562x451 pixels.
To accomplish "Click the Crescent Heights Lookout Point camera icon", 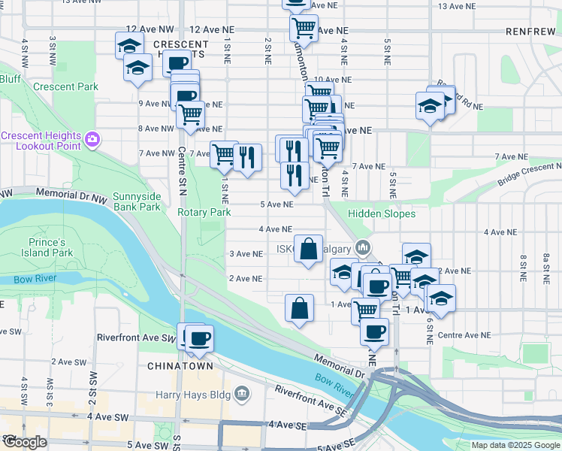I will pos(92,138).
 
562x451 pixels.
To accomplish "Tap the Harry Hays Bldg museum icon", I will pos(242,393).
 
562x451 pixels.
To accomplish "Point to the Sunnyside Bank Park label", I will pos(137,201).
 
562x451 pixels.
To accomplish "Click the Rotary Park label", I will pos(204,213).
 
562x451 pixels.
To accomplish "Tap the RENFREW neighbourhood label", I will pos(530,32).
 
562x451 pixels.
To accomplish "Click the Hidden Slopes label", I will pos(382,214).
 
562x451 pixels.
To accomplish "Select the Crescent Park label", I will pos(66,86).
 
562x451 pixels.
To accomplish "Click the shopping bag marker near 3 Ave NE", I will pos(309,249).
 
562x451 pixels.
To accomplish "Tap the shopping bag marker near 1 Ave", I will pos(299,307).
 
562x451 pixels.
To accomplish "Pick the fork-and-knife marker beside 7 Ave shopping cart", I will pos(247,157).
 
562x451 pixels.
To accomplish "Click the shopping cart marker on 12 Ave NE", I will pos(304,29).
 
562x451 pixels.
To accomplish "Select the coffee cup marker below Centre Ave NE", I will pos(373,331).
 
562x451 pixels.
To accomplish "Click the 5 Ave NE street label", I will pos(276,204).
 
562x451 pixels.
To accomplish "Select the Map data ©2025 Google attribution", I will pos(515,445).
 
